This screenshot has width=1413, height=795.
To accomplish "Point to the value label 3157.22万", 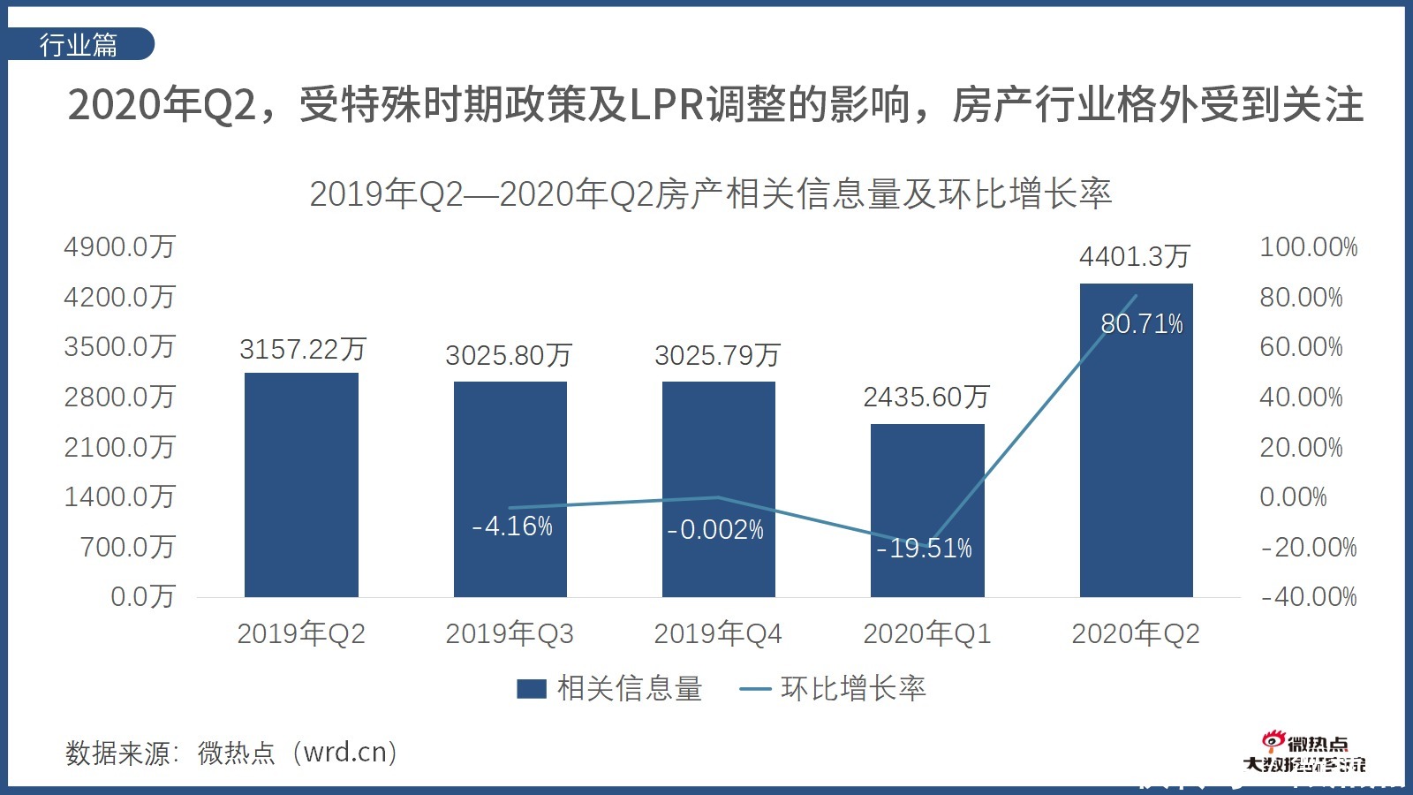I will (x=303, y=350).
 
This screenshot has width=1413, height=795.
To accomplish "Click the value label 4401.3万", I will (x=1135, y=257).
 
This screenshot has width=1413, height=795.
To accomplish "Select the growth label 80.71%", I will (x=1141, y=324).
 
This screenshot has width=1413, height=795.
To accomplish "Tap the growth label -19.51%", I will (x=924, y=549).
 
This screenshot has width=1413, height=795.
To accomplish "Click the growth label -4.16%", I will (x=512, y=526).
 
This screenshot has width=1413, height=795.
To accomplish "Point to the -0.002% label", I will (x=715, y=530).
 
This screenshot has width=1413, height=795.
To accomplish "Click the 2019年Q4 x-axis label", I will (x=718, y=634).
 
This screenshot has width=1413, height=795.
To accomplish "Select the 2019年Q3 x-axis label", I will (x=510, y=634).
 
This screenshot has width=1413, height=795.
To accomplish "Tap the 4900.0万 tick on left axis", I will (x=120, y=247).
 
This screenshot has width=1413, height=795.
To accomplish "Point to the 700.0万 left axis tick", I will (x=128, y=548).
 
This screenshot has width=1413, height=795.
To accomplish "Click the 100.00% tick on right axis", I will (x=1308, y=247).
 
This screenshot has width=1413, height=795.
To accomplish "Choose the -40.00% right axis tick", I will (x=1308, y=597).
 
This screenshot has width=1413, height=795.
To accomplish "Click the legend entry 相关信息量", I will (x=610, y=689).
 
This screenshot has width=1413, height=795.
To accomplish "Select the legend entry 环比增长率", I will (x=833, y=689).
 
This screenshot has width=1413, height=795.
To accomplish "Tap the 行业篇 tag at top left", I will (x=79, y=45).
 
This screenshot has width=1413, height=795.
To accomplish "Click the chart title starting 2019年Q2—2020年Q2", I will (x=710, y=194).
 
